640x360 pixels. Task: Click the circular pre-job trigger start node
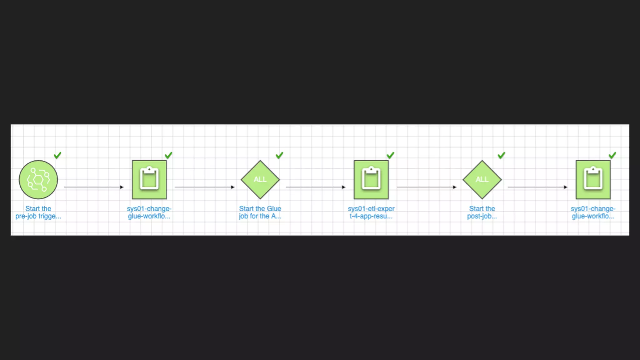(38, 180)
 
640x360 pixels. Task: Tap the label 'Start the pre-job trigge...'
(38, 212)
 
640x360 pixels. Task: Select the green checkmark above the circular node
(57, 155)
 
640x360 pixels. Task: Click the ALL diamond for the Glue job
(260, 180)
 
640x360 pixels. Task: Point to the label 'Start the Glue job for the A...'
(260, 212)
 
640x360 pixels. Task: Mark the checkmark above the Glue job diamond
(279, 155)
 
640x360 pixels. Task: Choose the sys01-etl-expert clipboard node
(371, 180)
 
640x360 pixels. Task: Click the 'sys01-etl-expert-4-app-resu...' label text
(371, 212)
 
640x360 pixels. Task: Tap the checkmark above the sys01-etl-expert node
(390, 155)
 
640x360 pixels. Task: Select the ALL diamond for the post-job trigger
(482, 180)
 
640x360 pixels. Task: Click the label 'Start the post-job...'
(482, 212)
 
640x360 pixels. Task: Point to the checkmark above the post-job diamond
(501, 155)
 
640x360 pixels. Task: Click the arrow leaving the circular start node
(94, 187)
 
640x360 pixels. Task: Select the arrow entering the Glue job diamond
(205, 187)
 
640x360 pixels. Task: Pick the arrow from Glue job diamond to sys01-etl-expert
(316, 187)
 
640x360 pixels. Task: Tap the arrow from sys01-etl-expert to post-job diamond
(427, 187)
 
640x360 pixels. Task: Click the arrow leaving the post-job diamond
(537, 187)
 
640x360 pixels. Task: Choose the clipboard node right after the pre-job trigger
(149, 180)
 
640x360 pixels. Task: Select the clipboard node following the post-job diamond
(593, 180)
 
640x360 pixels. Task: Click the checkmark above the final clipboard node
(612, 155)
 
